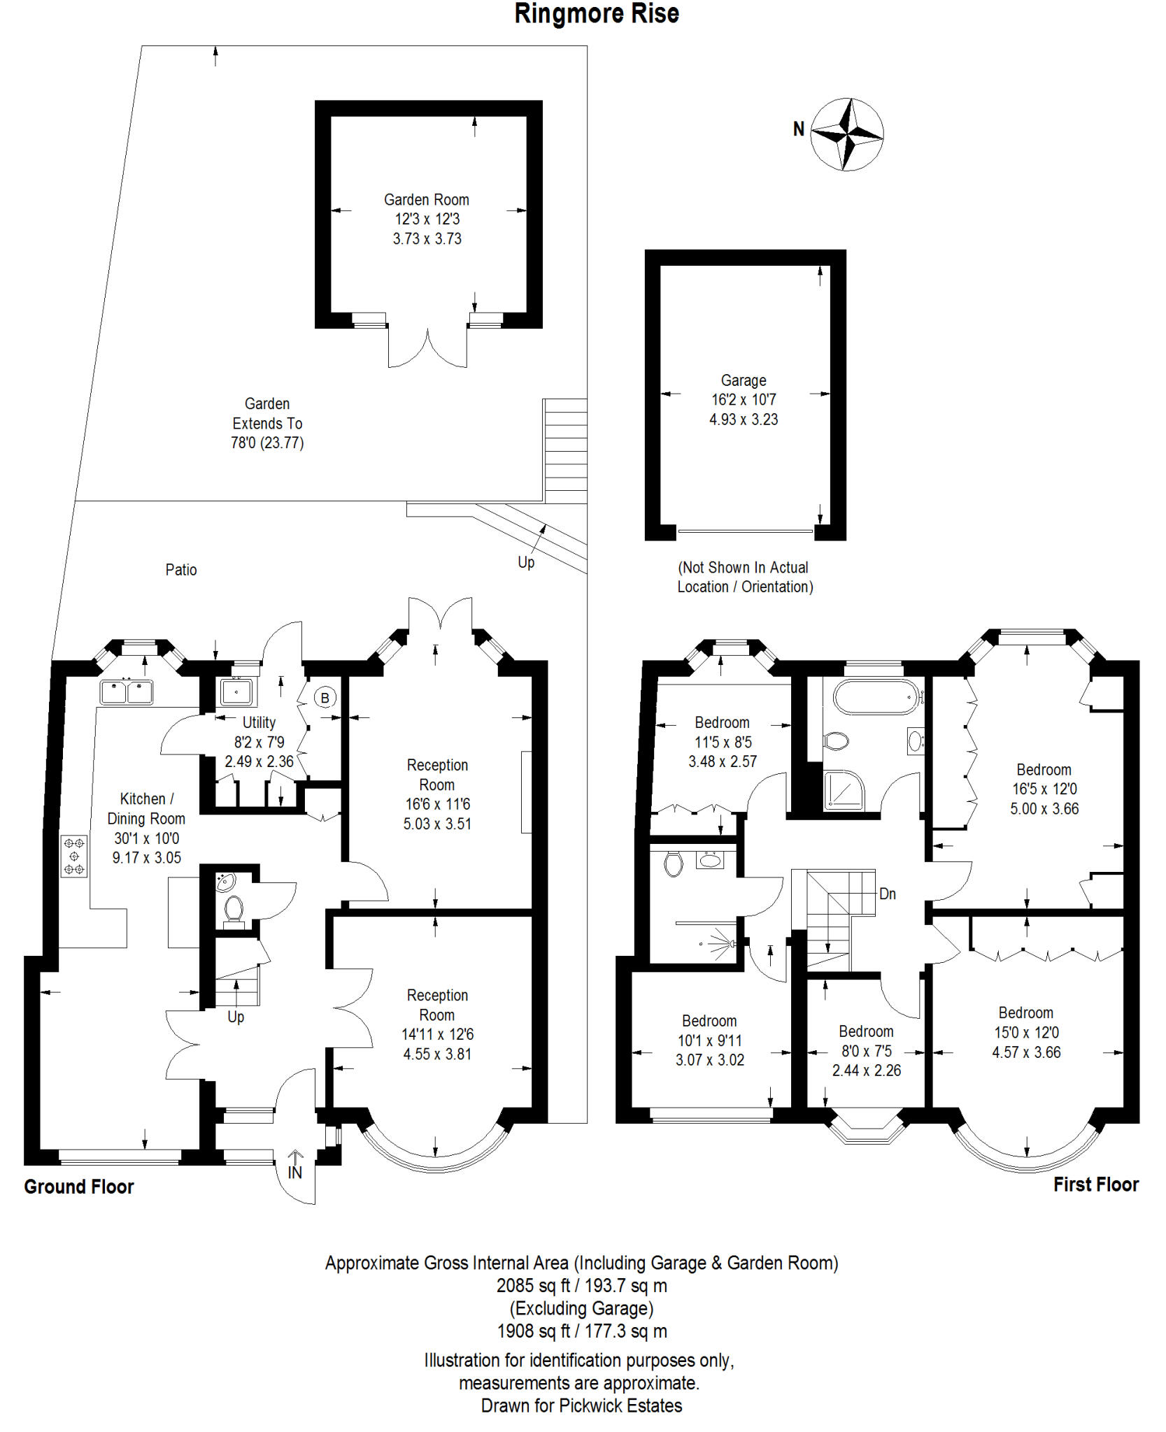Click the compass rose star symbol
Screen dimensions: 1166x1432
(847, 134)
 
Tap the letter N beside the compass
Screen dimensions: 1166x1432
(799, 129)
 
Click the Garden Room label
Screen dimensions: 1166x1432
(427, 199)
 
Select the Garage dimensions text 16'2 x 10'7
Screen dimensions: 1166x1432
(744, 400)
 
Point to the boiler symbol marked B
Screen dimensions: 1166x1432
(325, 698)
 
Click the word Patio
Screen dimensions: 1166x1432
(181, 570)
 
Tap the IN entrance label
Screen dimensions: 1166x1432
(295, 1173)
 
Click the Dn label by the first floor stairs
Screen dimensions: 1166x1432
(888, 894)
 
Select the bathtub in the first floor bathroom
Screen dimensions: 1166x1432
(876, 696)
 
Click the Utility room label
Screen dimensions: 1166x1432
(259, 722)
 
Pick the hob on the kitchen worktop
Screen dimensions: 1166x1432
(74, 857)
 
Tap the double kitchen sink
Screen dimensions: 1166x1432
(127, 692)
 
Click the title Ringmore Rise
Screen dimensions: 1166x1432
(597, 14)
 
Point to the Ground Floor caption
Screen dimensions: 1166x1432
(79, 1187)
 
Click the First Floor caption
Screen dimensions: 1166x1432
(1096, 1184)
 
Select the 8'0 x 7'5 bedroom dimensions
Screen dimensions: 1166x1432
(867, 1051)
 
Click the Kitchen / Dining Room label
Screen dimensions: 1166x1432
(146, 808)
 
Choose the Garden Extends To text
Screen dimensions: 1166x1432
(267, 413)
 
